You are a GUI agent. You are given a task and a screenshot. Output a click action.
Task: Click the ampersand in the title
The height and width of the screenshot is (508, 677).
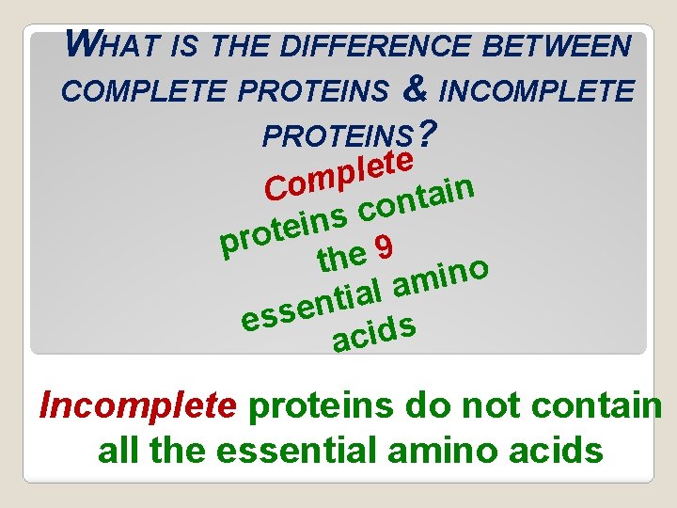click(415, 90)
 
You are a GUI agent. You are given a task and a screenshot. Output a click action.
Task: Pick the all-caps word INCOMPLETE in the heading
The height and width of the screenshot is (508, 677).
click(537, 92)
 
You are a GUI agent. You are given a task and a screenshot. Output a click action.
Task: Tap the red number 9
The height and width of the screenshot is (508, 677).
click(381, 247)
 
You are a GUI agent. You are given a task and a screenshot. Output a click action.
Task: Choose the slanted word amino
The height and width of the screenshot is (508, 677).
click(440, 274)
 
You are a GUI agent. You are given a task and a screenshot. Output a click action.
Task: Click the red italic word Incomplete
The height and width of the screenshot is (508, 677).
click(137, 405)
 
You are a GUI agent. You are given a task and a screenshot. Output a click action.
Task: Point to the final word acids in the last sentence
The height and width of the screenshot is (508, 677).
click(556, 451)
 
